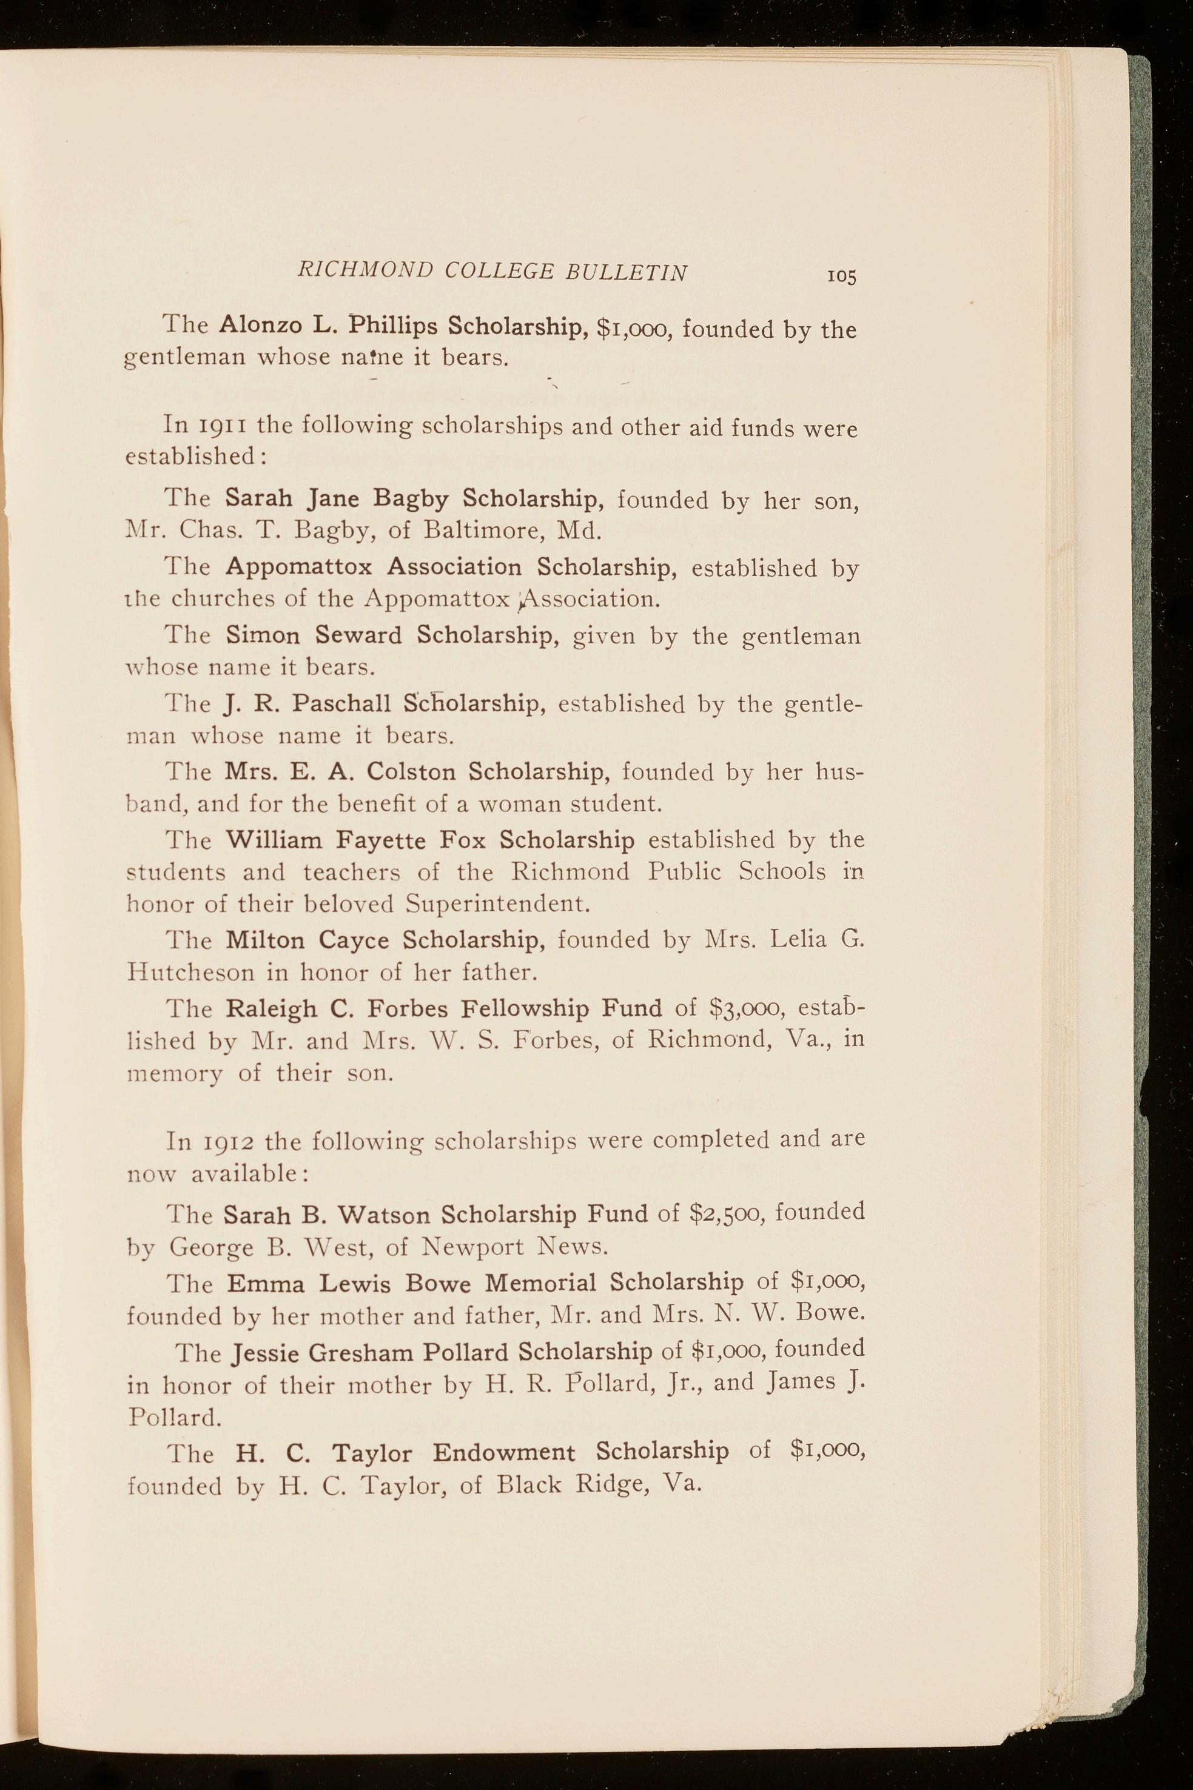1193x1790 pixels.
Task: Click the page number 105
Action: click(x=843, y=276)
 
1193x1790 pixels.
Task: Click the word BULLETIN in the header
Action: click(x=626, y=272)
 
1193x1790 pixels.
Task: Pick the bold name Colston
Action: click(x=411, y=771)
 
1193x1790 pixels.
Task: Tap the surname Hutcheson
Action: click(x=190, y=972)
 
